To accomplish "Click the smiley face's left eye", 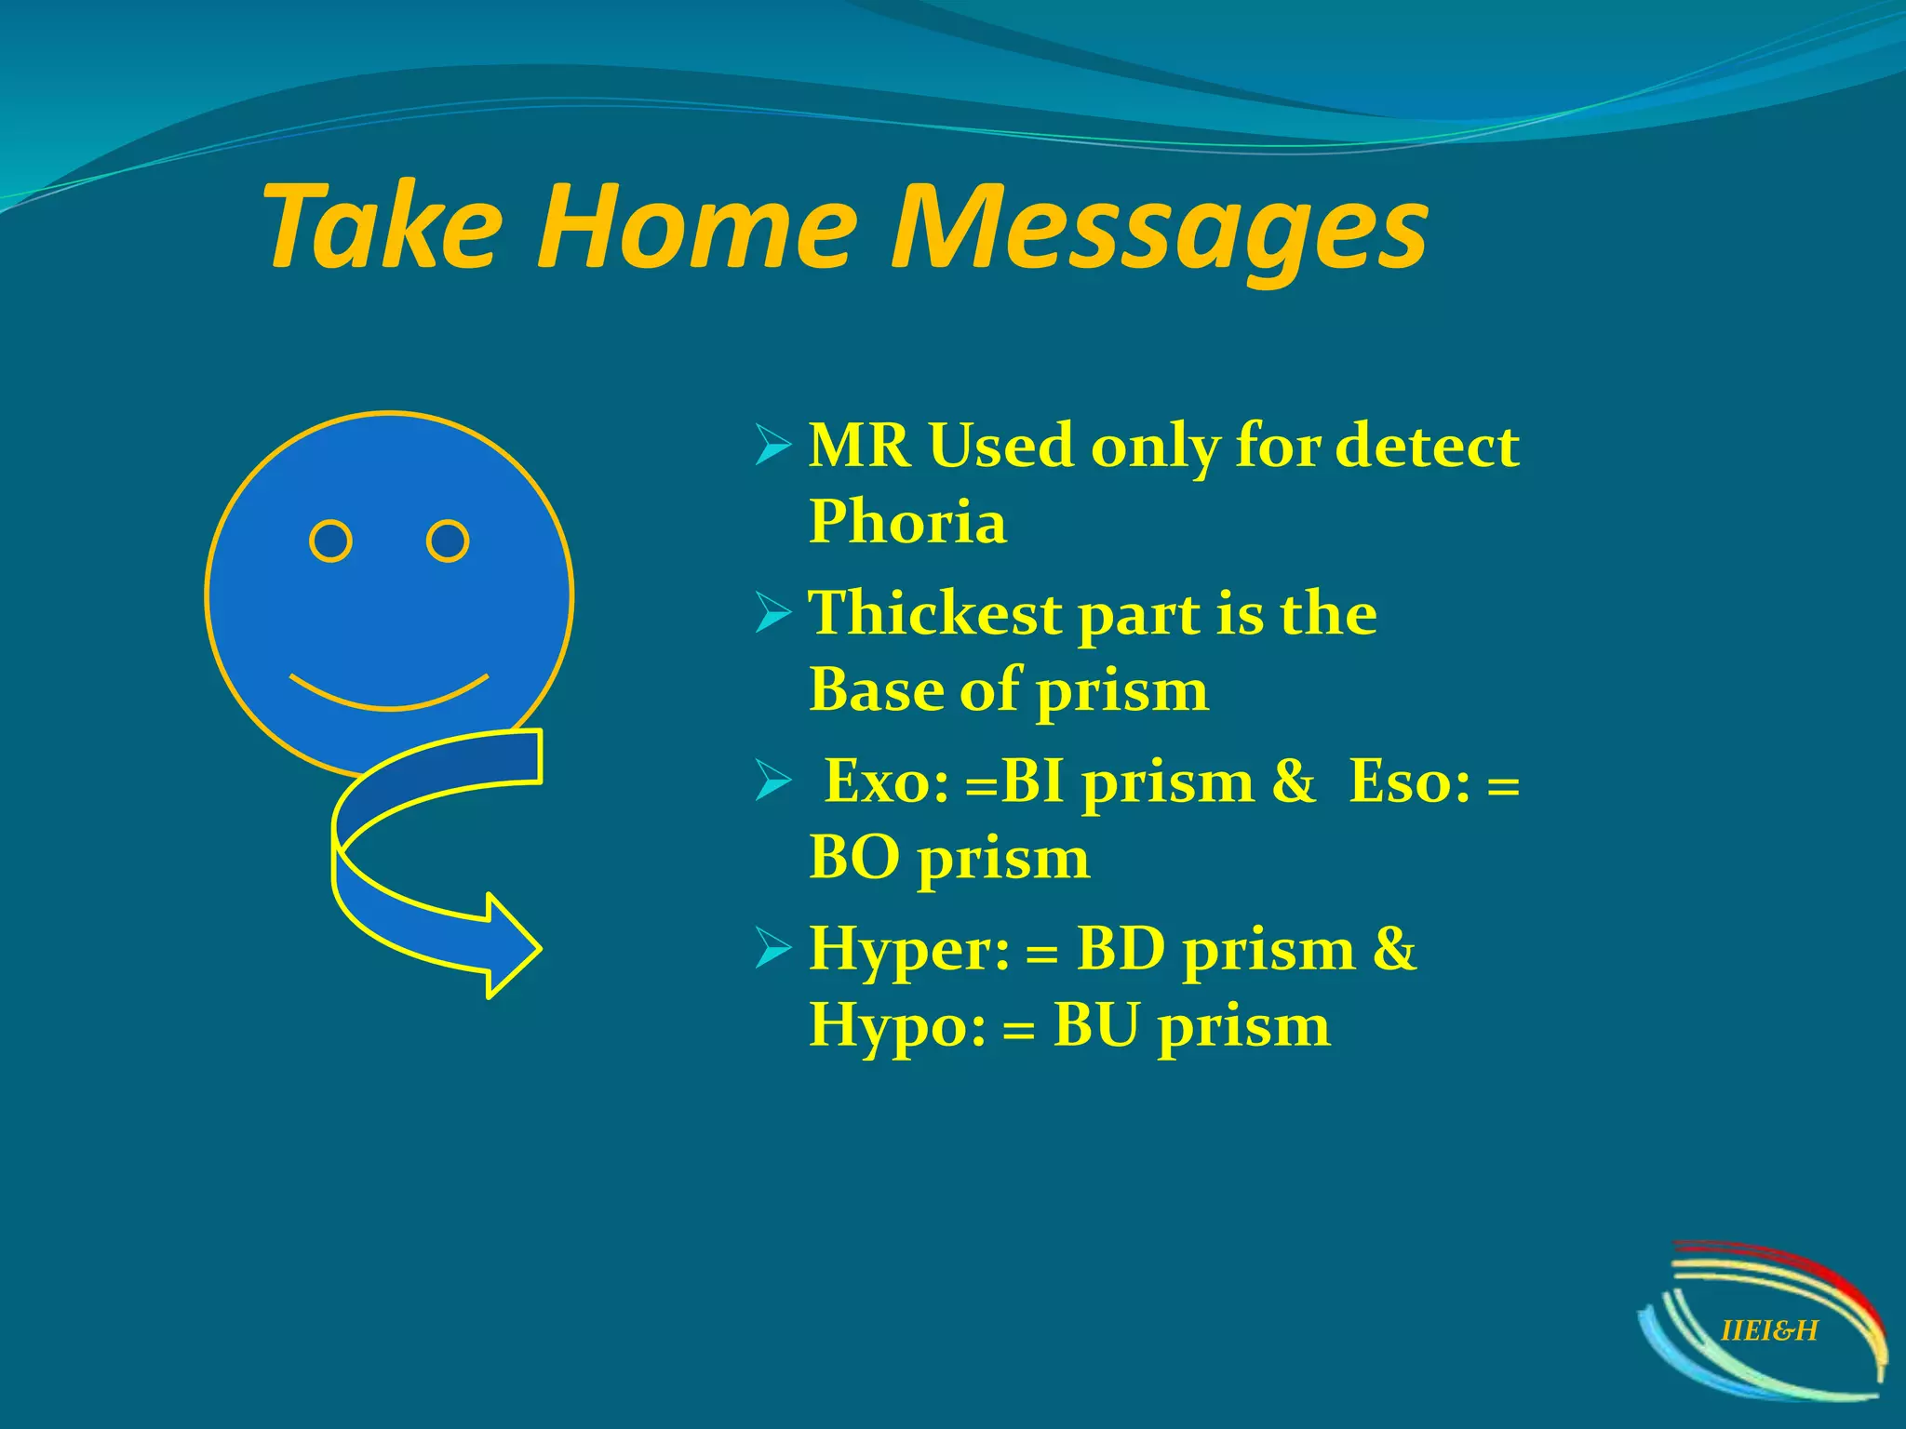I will coord(330,541).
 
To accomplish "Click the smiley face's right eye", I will coord(448,541).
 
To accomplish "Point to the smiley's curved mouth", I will coord(389,696).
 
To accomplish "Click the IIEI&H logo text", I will coord(1769,1330).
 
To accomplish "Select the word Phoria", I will coord(907,521).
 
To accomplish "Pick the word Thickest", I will coord(934,614).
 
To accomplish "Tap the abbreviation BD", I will coord(1121,951).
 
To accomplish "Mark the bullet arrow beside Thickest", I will coord(772,614).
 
